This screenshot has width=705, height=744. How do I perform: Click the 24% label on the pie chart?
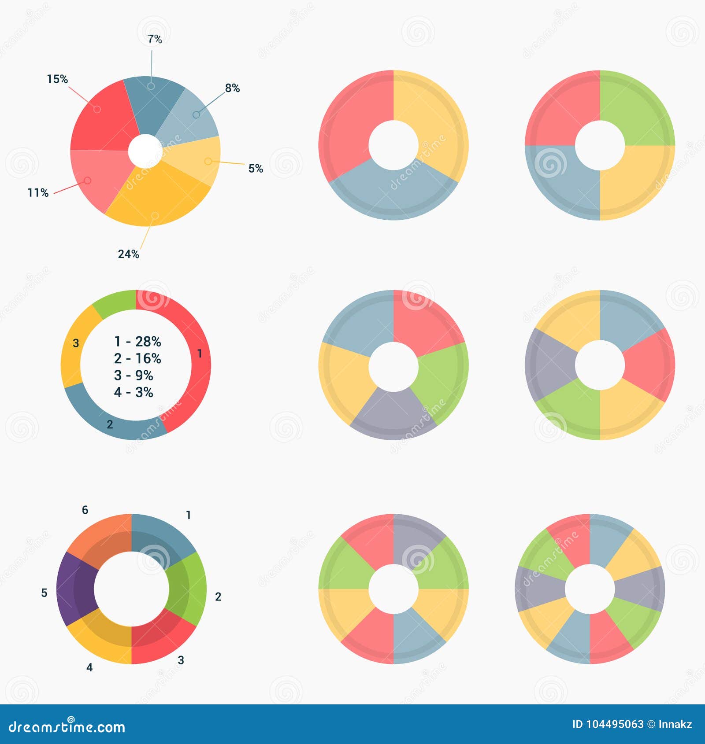pyautogui.click(x=128, y=254)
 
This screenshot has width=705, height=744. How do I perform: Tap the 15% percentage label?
pyautogui.click(x=57, y=79)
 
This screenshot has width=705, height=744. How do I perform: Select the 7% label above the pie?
pyautogui.click(x=155, y=39)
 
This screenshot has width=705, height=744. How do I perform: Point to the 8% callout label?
pyautogui.click(x=232, y=88)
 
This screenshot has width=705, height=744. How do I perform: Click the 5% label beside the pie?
pyautogui.click(x=256, y=168)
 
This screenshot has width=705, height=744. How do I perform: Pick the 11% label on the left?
pyautogui.click(x=38, y=193)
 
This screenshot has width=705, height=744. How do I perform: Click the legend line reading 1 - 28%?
pyautogui.click(x=137, y=342)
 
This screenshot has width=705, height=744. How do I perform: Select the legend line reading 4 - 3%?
pyautogui.click(x=134, y=392)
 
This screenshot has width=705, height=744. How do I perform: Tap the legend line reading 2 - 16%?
pyautogui.click(x=137, y=358)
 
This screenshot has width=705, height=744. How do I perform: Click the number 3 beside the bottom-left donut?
pyautogui.click(x=181, y=660)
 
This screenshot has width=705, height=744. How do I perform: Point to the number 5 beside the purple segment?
pyautogui.click(x=44, y=593)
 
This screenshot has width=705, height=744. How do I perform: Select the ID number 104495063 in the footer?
pyautogui.click(x=615, y=724)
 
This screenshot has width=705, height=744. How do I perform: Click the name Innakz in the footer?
pyautogui.click(x=675, y=724)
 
